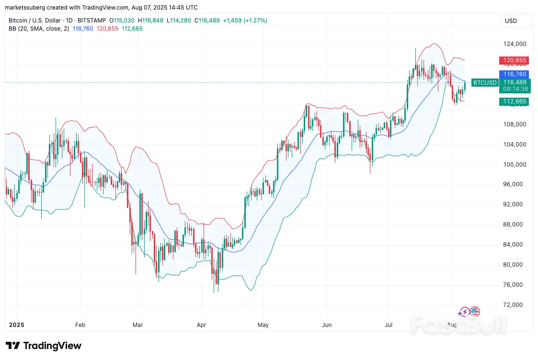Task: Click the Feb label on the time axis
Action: pos(80,325)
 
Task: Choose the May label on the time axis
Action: pos(263,325)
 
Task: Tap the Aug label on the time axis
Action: pos(452,325)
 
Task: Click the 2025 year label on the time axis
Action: pos(16,325)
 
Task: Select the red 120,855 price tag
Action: pos(514,60)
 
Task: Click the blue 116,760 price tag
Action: pos(514,74)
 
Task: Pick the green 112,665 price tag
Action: pos(514,101)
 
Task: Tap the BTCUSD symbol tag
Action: pos(485,82)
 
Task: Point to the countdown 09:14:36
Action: pos(514,89)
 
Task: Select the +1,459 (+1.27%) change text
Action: pos(245,21)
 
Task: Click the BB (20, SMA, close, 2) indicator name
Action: pos(39,29)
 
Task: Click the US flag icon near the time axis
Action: pos(475,312)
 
